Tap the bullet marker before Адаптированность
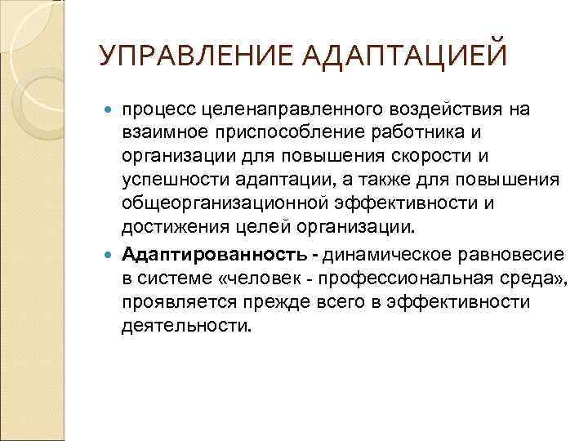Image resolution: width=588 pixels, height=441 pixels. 111,256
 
